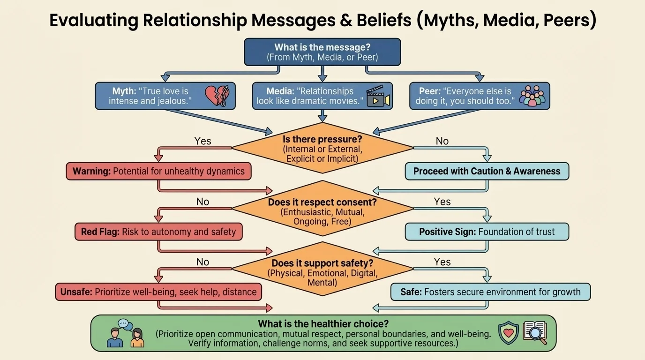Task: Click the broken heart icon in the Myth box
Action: point(217,96)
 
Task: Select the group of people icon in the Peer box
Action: point(533,96)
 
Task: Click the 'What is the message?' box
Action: point(322,52)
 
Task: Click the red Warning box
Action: point(158,171)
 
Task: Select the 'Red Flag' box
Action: point(158,232)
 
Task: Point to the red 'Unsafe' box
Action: point(158,292)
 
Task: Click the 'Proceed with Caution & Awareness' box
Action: point(487,171)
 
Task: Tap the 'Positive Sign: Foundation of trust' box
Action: point(487,232)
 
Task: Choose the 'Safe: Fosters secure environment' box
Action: point(490,292)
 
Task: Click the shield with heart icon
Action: point(508,332)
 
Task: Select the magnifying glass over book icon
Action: point(535,333)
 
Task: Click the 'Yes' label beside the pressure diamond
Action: point(202,141)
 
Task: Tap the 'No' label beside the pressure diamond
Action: point(442,141)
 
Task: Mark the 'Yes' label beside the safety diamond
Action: point(442,262)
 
